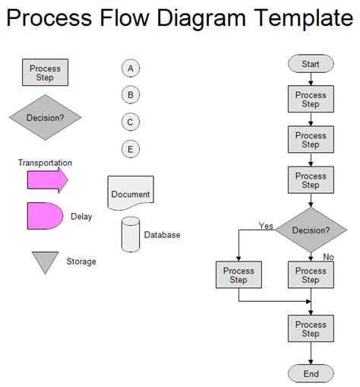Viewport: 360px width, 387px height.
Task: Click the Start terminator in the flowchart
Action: pyautogui.click(x=311, y=64)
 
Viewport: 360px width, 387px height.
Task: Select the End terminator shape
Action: pyautogui.click(x=311, y=373)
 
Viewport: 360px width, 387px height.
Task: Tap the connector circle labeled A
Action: pyautogui.click(x=131, y=68)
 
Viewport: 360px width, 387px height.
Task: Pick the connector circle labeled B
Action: pyautogui.click(x=131, y=95)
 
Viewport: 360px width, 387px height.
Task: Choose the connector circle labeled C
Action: pyautogui.click(x=131, y=122)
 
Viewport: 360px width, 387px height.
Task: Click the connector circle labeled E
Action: pyautogui.click(x=131, y=149)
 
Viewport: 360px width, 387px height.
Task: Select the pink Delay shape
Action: pyautogui.click(x=45, y=216)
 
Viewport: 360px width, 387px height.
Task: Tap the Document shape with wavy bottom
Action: pyautogui.click(x=131, y=193)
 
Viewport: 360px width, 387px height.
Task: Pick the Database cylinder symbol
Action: pyautogui.click(x=131, y=234)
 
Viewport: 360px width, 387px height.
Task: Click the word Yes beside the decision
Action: pyautogui.click(x=266, y=226)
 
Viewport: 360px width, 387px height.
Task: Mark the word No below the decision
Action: pyautogui.click(x=329, y=257)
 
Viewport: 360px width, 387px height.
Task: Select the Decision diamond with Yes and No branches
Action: pyautogui.click(x=311, y=230)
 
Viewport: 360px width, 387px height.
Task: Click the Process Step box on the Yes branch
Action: pyautogui.click(x=238, y=274)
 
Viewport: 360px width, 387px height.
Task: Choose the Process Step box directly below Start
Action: pyautogui.click(x=311, y=100)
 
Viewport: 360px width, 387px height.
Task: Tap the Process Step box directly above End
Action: pyautogui.click(x=311, y=328)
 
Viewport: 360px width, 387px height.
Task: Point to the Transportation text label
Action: pyautogui.click(x=46, y=163)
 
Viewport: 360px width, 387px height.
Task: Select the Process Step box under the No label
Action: pyautogui.click(x=311, y=274)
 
